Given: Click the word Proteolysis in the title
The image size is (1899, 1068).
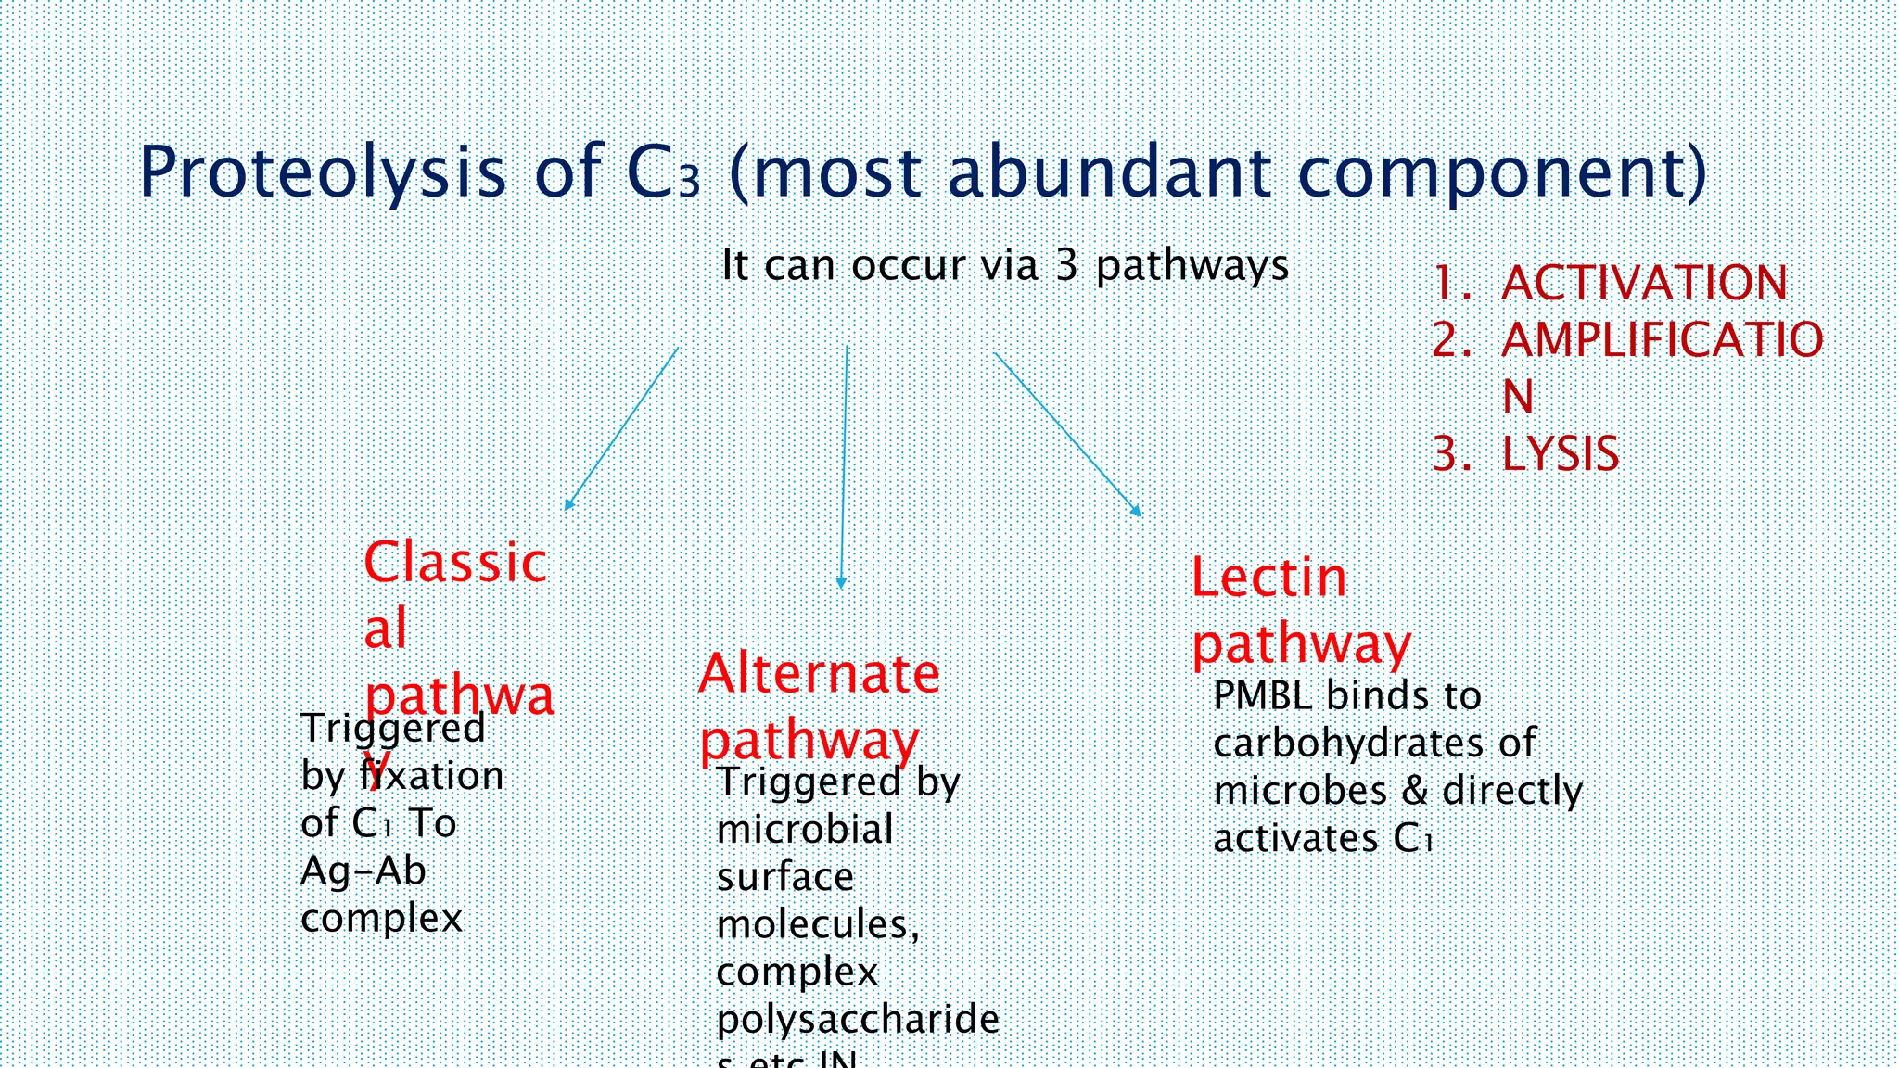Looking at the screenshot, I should pos(322,172).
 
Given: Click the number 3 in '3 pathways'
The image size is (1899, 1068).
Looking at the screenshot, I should pos(1066,265).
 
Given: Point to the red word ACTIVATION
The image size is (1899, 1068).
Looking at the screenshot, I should pos(1644,283).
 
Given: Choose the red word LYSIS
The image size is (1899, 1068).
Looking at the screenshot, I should pos(1560,454).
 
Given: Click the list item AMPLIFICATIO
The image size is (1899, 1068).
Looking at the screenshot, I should pos(1662,340).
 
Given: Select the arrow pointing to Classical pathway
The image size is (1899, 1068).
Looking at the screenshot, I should pos(620,430).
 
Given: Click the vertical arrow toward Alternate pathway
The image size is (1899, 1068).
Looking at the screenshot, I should pos(844,468).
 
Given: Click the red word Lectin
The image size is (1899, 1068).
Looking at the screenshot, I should pos(1268,578).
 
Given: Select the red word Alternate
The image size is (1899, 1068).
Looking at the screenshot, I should pos(819,673).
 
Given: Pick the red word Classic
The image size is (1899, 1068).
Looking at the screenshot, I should pos(455,563).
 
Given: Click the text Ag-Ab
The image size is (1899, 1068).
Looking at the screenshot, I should pos(363,871).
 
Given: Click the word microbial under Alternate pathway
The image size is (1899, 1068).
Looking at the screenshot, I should pos(805,830).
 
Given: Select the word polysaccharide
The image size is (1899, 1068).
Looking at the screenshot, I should pos(858,1020).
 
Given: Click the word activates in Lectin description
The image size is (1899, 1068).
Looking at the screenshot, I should pos(1295,839).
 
